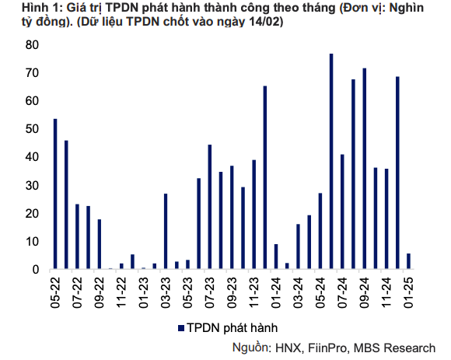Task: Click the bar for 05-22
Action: click(x=55, y=194)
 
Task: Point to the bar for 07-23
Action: click(x=210, y=208)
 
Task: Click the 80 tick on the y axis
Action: click(x=33, y=45)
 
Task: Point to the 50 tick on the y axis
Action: click(x=33, y=129)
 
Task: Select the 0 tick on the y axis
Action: click(x=37, y=270)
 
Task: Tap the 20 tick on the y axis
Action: click(x=33, y=214)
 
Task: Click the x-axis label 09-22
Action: click(x=100, y=292)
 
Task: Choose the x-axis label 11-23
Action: click(x=254, y=292)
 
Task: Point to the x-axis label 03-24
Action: click(x=299, y=292)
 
